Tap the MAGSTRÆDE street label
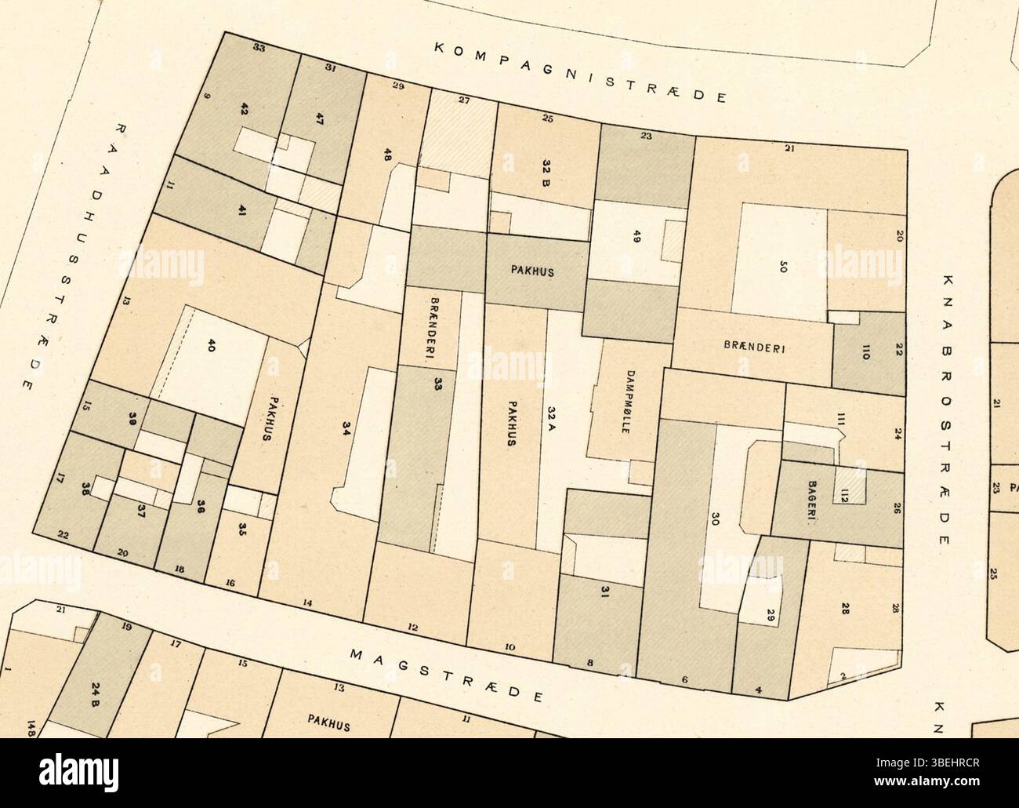tap(446, 675)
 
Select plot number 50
tap(781, 266)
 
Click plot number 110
tap(866, 352)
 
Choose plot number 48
tap(387, 155)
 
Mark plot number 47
tap(319, 119)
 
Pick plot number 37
tap(141, 511)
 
